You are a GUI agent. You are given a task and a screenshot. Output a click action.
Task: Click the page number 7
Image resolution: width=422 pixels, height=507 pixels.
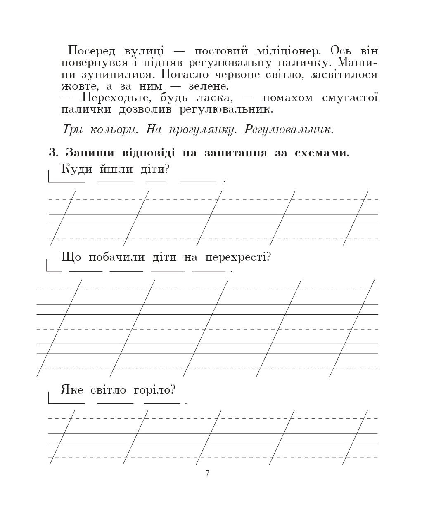[x=207, y=473]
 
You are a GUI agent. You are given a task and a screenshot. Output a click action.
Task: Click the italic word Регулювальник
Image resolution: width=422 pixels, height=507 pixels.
[x=289, y=130]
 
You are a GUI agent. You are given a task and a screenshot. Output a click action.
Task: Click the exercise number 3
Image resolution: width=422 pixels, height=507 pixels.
[x=54, y=153]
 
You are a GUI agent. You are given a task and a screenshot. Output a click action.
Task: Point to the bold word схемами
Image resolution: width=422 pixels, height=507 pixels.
[x=322, y=153]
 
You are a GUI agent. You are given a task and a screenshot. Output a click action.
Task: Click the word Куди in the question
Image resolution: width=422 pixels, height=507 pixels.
[x=77, y=169]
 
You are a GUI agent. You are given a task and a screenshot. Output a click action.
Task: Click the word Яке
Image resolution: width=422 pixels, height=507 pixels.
[x=72, y=389]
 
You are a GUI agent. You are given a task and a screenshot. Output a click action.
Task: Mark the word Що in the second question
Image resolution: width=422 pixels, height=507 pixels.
[x=71, y=257]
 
